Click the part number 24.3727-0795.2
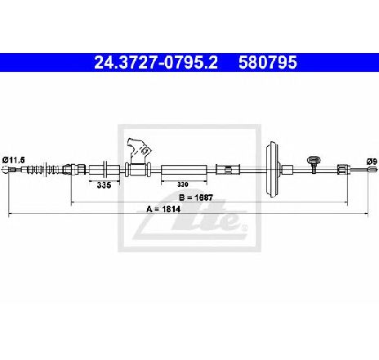(x=156, y=62)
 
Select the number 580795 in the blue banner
(x=268, y=62)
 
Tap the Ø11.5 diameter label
(x=13, y=160)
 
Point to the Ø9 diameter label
(x=372, y=162)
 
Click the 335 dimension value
(x=104, y=185)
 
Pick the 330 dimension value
(x=183, y=184)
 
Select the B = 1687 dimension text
(x=196, y=198)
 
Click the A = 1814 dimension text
(x=163, y=209)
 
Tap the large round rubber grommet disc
(x=272, y=169)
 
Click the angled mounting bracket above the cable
(x=138, y=151)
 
